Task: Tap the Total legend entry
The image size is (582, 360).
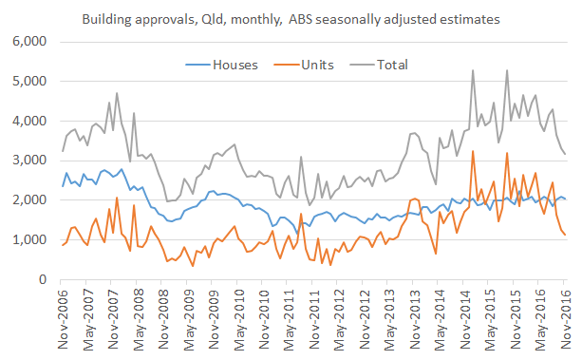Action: tap(391, 65)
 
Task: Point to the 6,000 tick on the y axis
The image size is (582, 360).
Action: tap(29, 42)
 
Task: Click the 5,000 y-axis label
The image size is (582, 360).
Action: tap(29, 82)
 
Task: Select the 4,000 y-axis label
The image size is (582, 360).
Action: tap(29, 122)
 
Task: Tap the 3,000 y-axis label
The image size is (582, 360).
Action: tap(29, 161)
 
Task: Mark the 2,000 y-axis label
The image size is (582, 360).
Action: tap(29, 200)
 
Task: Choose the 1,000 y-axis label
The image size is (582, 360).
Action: tap(29, 240)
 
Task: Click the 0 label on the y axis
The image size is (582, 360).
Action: tap(43, 280)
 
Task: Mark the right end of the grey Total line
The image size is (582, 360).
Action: tap(566, 154)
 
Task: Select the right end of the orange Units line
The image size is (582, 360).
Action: tap(566, 235)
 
